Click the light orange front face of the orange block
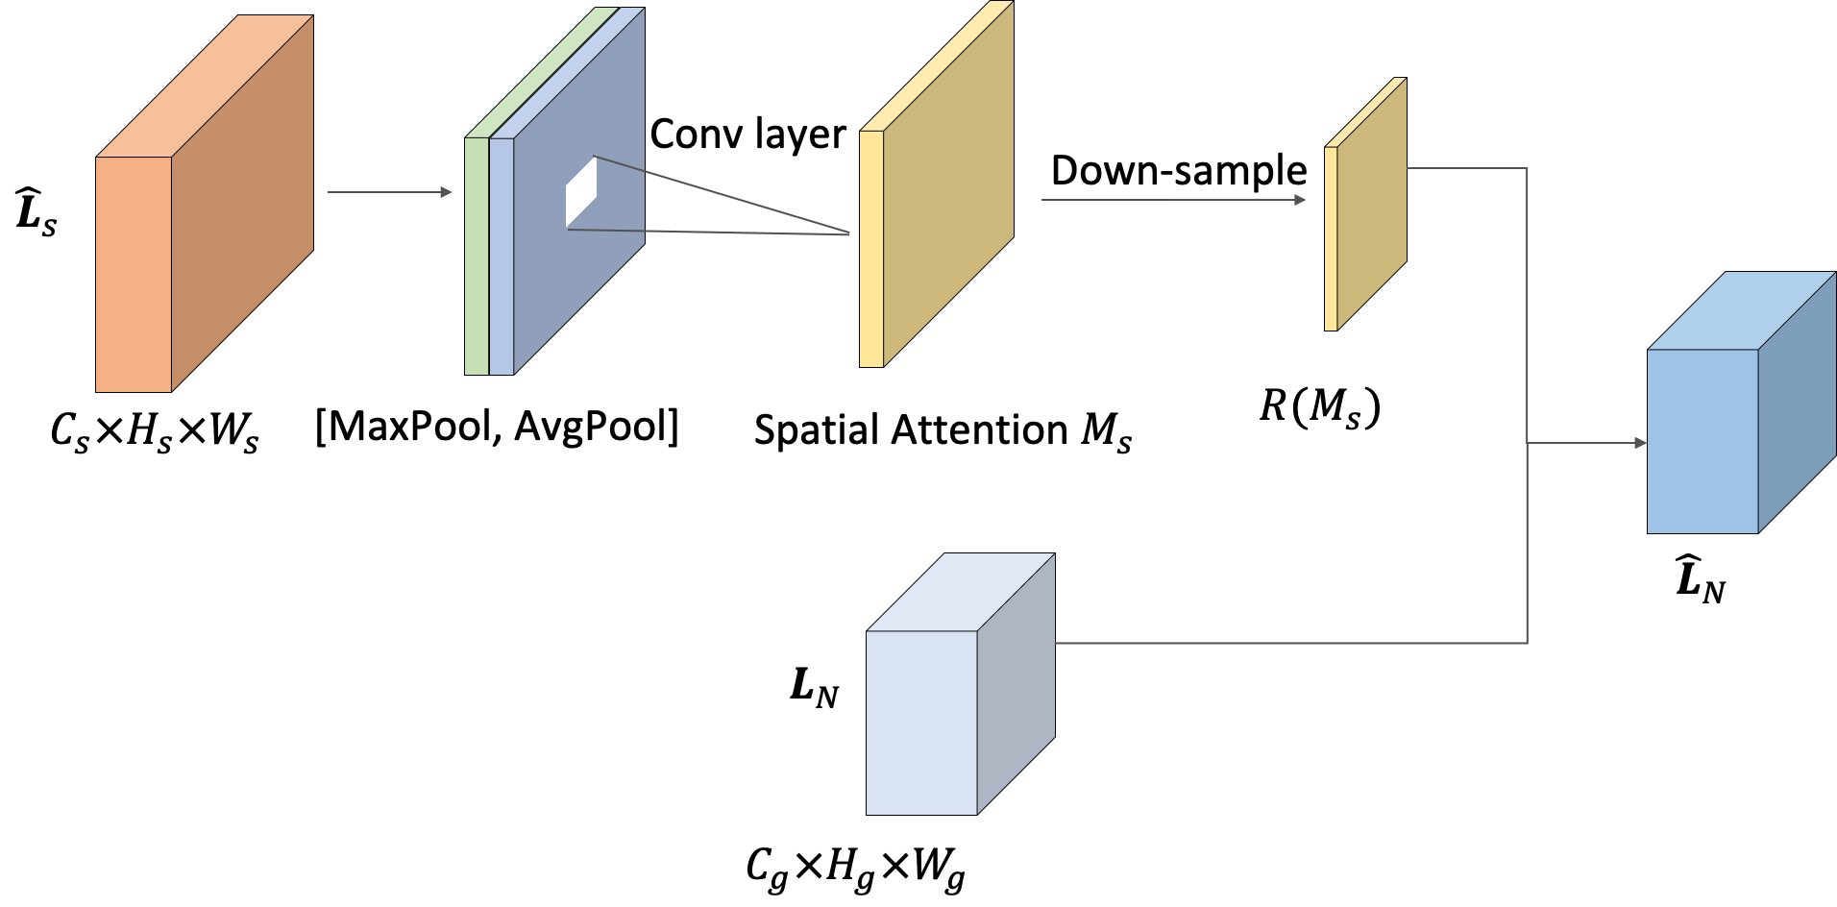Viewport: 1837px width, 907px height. [134, 274]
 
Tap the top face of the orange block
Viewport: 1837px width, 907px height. [205, 86]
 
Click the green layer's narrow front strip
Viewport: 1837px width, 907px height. [477, 256]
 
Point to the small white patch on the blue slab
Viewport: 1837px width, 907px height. [580, 192]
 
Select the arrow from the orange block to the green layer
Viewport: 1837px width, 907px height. [389, 192]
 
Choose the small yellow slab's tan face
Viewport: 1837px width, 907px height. [1372, 204]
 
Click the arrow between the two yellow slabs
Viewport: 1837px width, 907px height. [1172, 200]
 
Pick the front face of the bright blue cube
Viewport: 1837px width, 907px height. [1702, 441]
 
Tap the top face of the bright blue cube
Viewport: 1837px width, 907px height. [1741, 310]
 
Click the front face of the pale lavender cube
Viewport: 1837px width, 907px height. [921, 723]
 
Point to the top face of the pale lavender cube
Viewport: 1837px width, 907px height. [961, 592]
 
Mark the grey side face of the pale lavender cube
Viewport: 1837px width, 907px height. [1016, 684]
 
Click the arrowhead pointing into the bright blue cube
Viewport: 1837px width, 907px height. [1640, 443]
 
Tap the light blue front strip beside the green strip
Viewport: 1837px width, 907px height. [501, 256]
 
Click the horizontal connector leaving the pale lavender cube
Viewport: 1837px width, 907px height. [1287, 643]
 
